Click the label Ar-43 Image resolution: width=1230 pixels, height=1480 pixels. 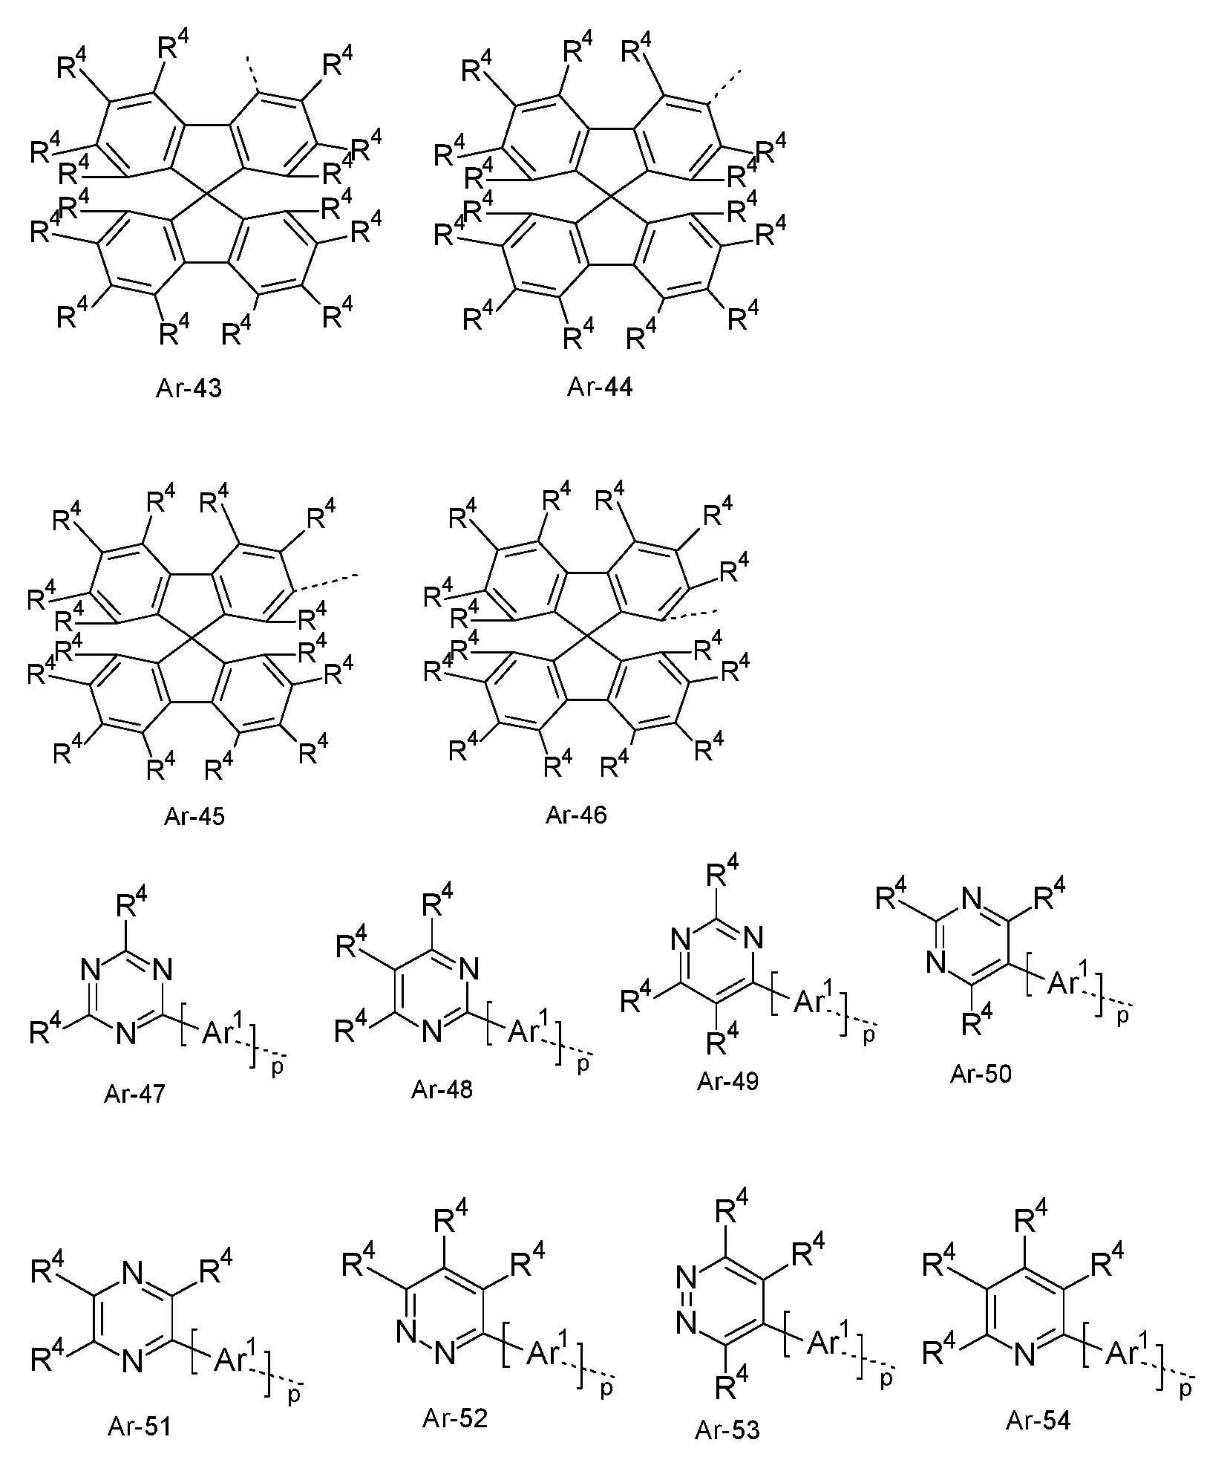[x=189, y=388]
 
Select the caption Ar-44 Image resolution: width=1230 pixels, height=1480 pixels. [x=600, y=386]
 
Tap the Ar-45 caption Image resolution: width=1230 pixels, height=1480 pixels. [x=194, y=816]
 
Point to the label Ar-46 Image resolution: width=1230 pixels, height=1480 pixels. [x=576, y=815]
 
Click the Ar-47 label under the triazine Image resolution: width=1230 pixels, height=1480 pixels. [x=135, y=1095]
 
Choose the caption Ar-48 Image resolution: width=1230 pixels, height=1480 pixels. [x=442, y=1089]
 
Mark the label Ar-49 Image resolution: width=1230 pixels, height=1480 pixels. [x=727, y=1080]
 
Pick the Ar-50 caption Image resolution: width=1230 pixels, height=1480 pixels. [x=981, y=1074]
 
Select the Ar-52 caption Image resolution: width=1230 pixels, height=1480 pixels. [x=455, y=1418]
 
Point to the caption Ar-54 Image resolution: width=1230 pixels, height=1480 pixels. [x=1038, y=1420]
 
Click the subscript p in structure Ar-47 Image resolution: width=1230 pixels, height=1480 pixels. [x=278, y=1069]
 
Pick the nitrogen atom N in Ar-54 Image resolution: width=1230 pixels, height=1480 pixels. [x=1023, y=1355]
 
